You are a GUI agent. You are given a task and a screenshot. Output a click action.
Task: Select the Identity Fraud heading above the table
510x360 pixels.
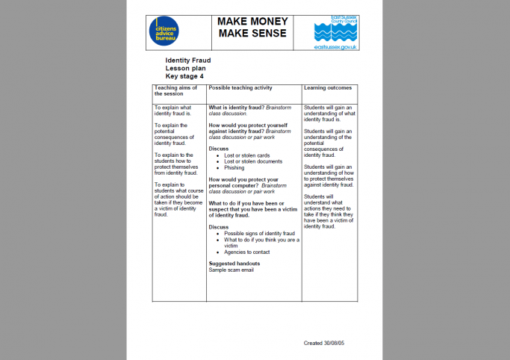pyautogui.click(x=188, y=60)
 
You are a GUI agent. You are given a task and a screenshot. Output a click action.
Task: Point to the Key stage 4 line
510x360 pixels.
pyautogui.click(x=184, y=76)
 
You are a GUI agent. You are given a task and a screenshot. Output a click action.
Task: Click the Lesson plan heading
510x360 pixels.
pyautogui.click(x=186, y=68)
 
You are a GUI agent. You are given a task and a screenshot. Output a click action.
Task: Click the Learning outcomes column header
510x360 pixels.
pyautogui.click(x=328, y=88)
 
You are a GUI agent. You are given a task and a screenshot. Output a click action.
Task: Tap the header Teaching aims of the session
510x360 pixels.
pyautogui.click(x=176, y=91)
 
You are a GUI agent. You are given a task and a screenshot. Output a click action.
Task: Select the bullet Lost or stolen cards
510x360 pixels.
pyautogui.click(x=247, y=155)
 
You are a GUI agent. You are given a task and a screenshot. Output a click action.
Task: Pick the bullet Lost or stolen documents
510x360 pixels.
pyautogui.click(x=253, y=161)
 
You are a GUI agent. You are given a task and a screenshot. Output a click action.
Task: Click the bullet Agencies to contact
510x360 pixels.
pyautogui.click(x=247, y=252)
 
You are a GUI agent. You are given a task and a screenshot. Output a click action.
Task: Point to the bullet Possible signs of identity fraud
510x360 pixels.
pyautogui.click(x=259, y=233)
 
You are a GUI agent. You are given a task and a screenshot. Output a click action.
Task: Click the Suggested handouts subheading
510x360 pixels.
pyautogui.click(x=234, y=264)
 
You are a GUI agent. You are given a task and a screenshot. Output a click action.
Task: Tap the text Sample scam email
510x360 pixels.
pyautogui.click(x=232, y=270)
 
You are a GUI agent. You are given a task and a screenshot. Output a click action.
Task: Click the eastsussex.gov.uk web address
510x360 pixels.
pyautogui.click(x=337, y=47)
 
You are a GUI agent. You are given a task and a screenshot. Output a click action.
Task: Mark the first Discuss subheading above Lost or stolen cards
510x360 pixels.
pyautogui.click(x=219, y=149)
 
